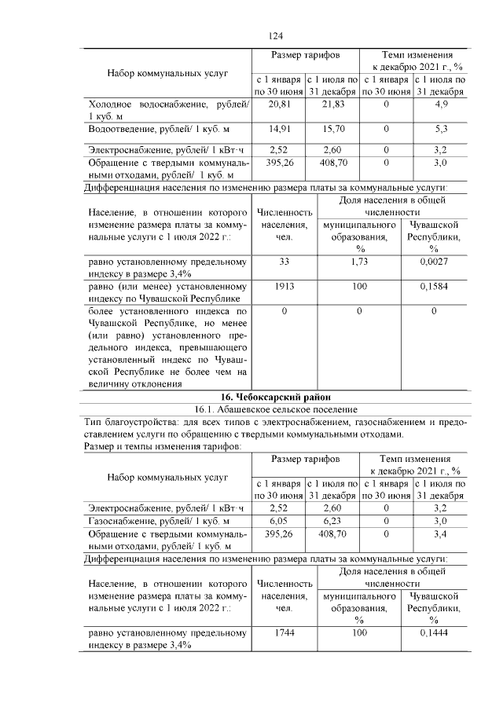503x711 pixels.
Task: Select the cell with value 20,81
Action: click(280, 104)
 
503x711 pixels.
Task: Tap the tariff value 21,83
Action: click(332, 104)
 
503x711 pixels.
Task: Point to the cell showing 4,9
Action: click(440, 104)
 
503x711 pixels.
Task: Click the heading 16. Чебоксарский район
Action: click(275, 397)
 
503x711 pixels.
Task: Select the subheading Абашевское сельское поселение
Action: click(275, 409)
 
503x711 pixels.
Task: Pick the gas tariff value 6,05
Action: click(280, 521)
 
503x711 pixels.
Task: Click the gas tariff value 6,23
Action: click(332, 521)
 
